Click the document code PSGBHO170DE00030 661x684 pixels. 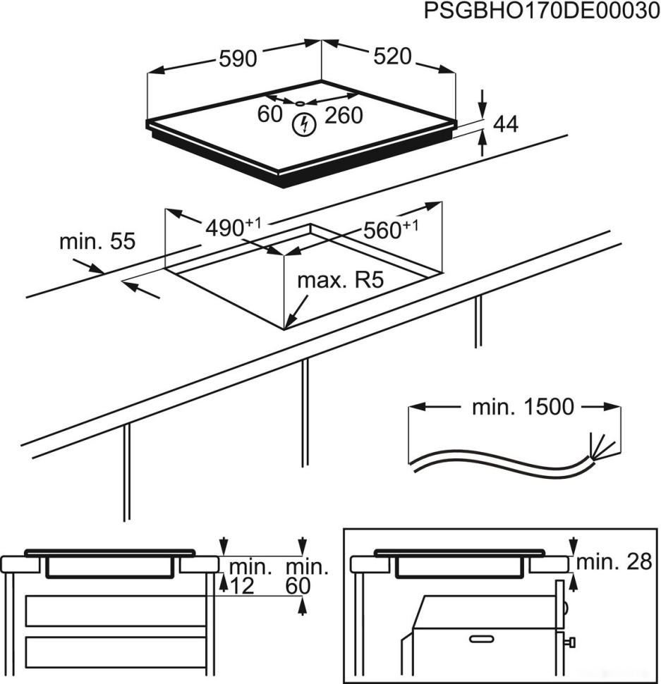[x=535, y=12]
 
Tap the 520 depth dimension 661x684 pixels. [x=392, y=57]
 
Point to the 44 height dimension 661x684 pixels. [x=505, y=125]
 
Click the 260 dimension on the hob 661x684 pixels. [x=344, y=115]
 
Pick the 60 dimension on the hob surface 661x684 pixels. [x=269, y=114]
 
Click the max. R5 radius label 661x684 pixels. [x=339, y=281]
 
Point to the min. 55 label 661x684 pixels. [x=97, y=242]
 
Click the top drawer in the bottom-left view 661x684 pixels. [x=116, y=610]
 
